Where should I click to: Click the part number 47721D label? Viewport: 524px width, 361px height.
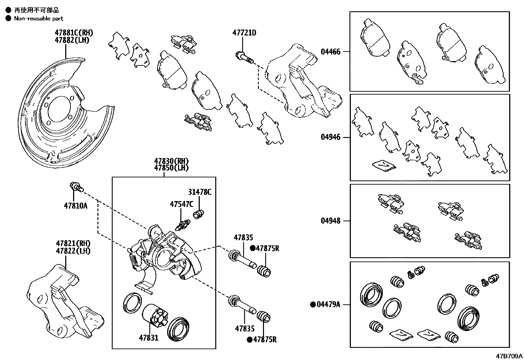click(x=244, y=33)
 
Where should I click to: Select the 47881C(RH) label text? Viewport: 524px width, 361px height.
click(x=74, y=33)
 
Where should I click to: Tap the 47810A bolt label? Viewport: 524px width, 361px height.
click(x=76, y=206)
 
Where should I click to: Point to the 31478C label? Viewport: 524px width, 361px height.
click(x=200, y=192)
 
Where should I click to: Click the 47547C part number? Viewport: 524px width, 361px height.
click(x=181, y=204)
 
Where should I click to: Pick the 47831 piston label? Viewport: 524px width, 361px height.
click(x=148, y=338)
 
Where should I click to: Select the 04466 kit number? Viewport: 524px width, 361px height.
click(x=330, y=52)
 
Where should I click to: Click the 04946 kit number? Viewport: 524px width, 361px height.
click(x=330, y=137)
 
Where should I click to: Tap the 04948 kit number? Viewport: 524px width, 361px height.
click(x=330, y=221)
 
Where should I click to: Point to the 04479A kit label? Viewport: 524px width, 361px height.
click(x=328, y=305)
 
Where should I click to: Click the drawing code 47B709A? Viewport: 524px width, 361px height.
click(x=509, y=356)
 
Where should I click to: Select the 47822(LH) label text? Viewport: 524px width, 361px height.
click(x=73, y=251)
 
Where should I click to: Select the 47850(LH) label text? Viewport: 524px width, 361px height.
click(x=171, y=168)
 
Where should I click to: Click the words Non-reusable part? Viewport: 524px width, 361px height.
click(x=39, y=19)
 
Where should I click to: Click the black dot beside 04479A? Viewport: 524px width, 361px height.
click(x=312, y=305)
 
